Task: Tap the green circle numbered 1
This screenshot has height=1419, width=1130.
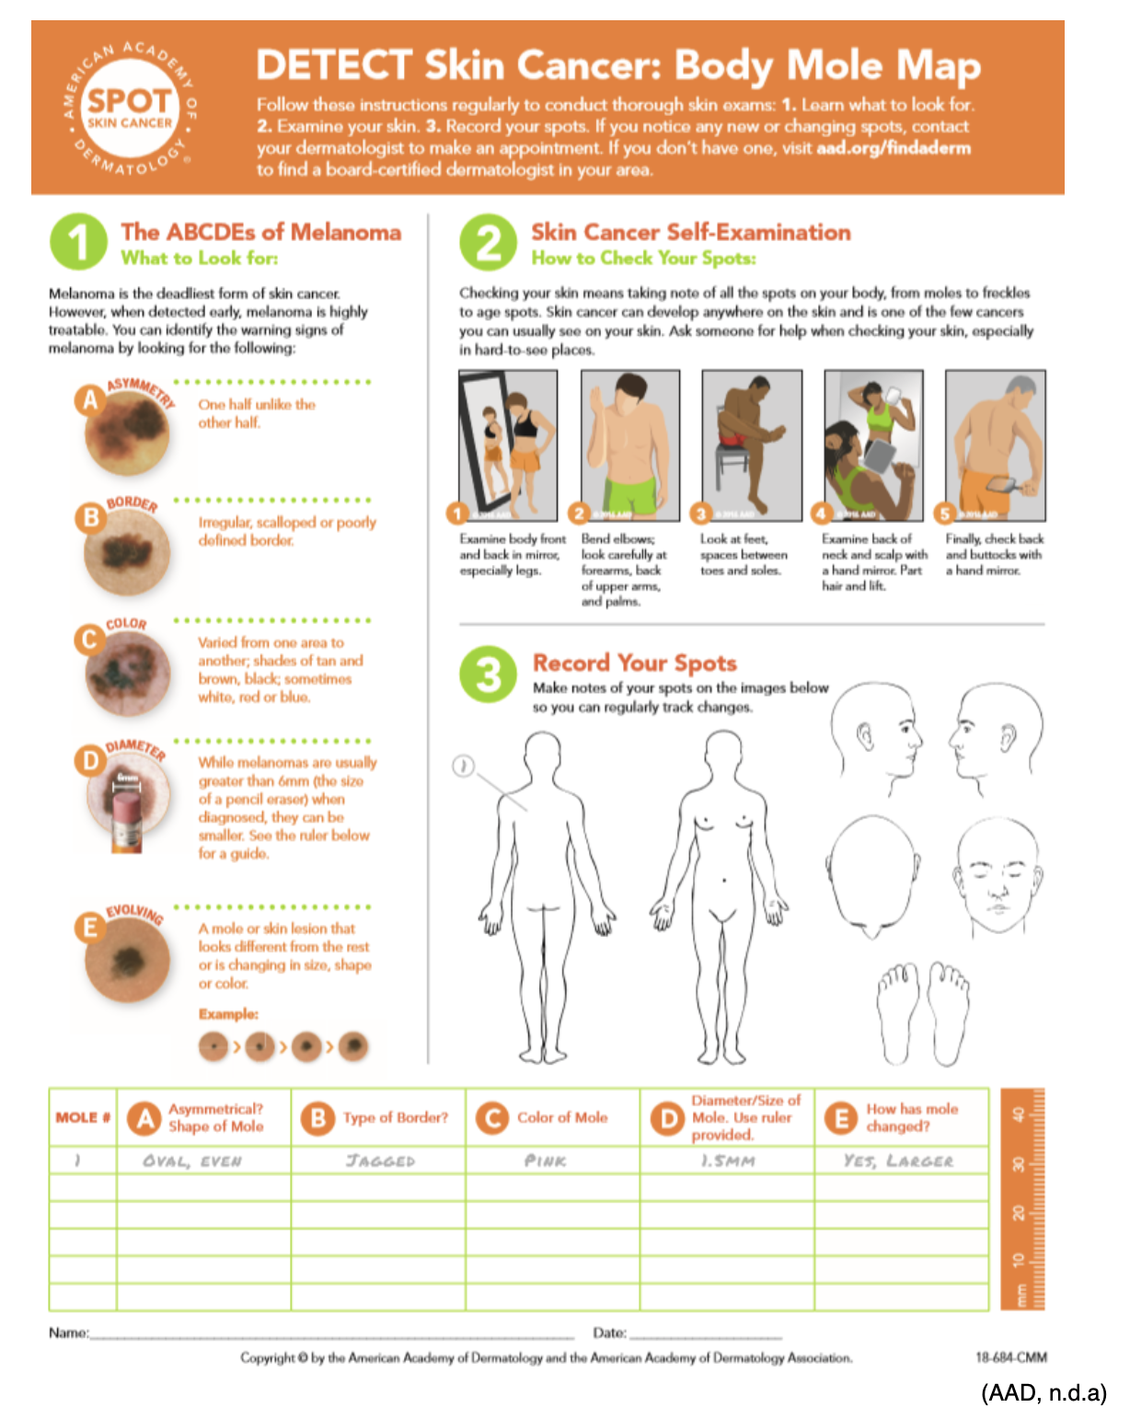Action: (x=78, y=242)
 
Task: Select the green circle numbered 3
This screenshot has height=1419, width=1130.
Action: (x=489, y=675)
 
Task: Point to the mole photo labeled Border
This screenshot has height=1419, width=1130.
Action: (x=127, y=552)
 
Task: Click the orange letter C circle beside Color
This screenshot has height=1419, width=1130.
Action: (x=90, y=639)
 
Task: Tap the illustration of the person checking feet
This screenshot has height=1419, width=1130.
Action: (x=751, y=445)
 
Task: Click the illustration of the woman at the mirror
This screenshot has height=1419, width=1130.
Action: (x=508, y=445)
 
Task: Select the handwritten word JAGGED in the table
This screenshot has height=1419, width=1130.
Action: (x=380, y=1161)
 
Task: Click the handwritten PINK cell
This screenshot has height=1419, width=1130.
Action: (x=545, y=1161)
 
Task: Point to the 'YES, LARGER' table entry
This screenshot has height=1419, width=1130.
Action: (x=898, y=1161)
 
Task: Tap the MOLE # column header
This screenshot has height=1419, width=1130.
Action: (x=83, y=1117)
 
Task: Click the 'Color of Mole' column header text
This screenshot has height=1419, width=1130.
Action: (x=562, y=1117)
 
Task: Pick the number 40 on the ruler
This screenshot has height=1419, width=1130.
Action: (x=1018, y=1114)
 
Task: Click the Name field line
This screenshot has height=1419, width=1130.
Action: (x=331, y=1333)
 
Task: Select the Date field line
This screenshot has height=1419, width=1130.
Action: (x=706, y=1333)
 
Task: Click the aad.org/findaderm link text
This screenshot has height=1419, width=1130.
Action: (x=893, y=148)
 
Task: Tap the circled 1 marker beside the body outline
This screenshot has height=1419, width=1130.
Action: (x=464, y=766)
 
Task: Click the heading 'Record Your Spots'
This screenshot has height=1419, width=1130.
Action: (x=635, y=663)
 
